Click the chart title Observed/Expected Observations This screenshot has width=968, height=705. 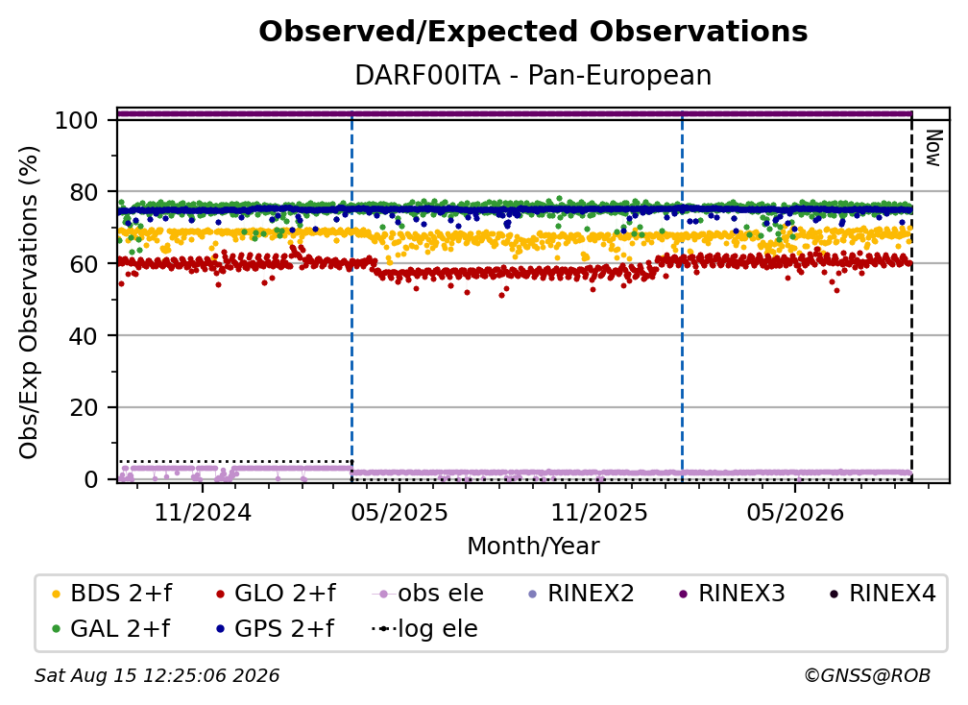click(533, 32)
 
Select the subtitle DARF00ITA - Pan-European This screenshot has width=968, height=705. click(533, 75)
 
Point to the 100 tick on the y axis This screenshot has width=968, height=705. click(77, 120)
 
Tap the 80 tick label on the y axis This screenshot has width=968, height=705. click(84, 192)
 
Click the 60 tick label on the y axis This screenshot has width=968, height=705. click(84, 264)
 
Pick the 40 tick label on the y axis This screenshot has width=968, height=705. click(84, 336)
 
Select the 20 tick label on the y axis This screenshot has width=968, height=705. click(84, 408)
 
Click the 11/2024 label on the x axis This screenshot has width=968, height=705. click(203, 512)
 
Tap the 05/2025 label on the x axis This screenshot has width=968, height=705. click(399, 512)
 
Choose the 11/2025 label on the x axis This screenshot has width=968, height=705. click(599, 512)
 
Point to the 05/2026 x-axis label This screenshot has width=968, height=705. click(795, 512)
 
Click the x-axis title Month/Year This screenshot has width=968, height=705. click(533, 547)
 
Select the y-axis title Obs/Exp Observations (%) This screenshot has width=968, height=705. click(29, 303)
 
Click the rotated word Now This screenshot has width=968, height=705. click(932, 148)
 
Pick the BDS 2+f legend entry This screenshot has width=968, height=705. click(111, 594)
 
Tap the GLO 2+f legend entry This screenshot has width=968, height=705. click(276, 594)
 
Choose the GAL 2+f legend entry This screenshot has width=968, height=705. click(111, 628)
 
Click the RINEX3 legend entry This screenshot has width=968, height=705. click(732, 594)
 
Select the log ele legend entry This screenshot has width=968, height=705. click(424, 628)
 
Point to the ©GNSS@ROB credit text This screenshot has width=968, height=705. click(867, 675)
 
